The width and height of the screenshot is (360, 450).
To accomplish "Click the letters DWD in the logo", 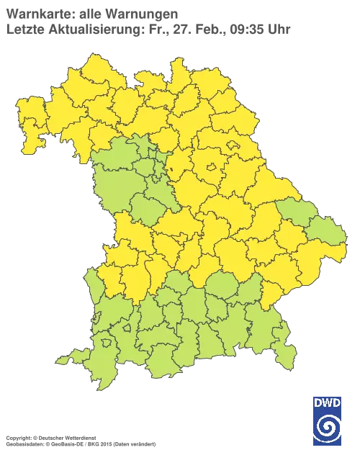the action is click(x=328, y=403).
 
